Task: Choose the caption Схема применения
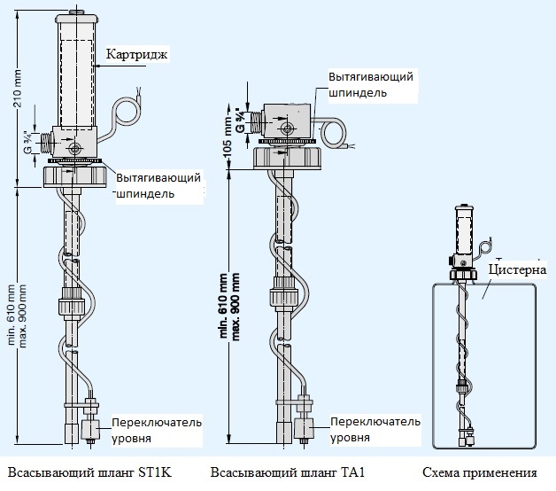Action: [x=479, y=472]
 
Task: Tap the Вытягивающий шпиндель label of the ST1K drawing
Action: [x=158, y=185]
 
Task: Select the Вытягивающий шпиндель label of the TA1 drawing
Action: [x=370, y=84]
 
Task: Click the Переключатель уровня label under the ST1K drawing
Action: [x=156, y=430]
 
